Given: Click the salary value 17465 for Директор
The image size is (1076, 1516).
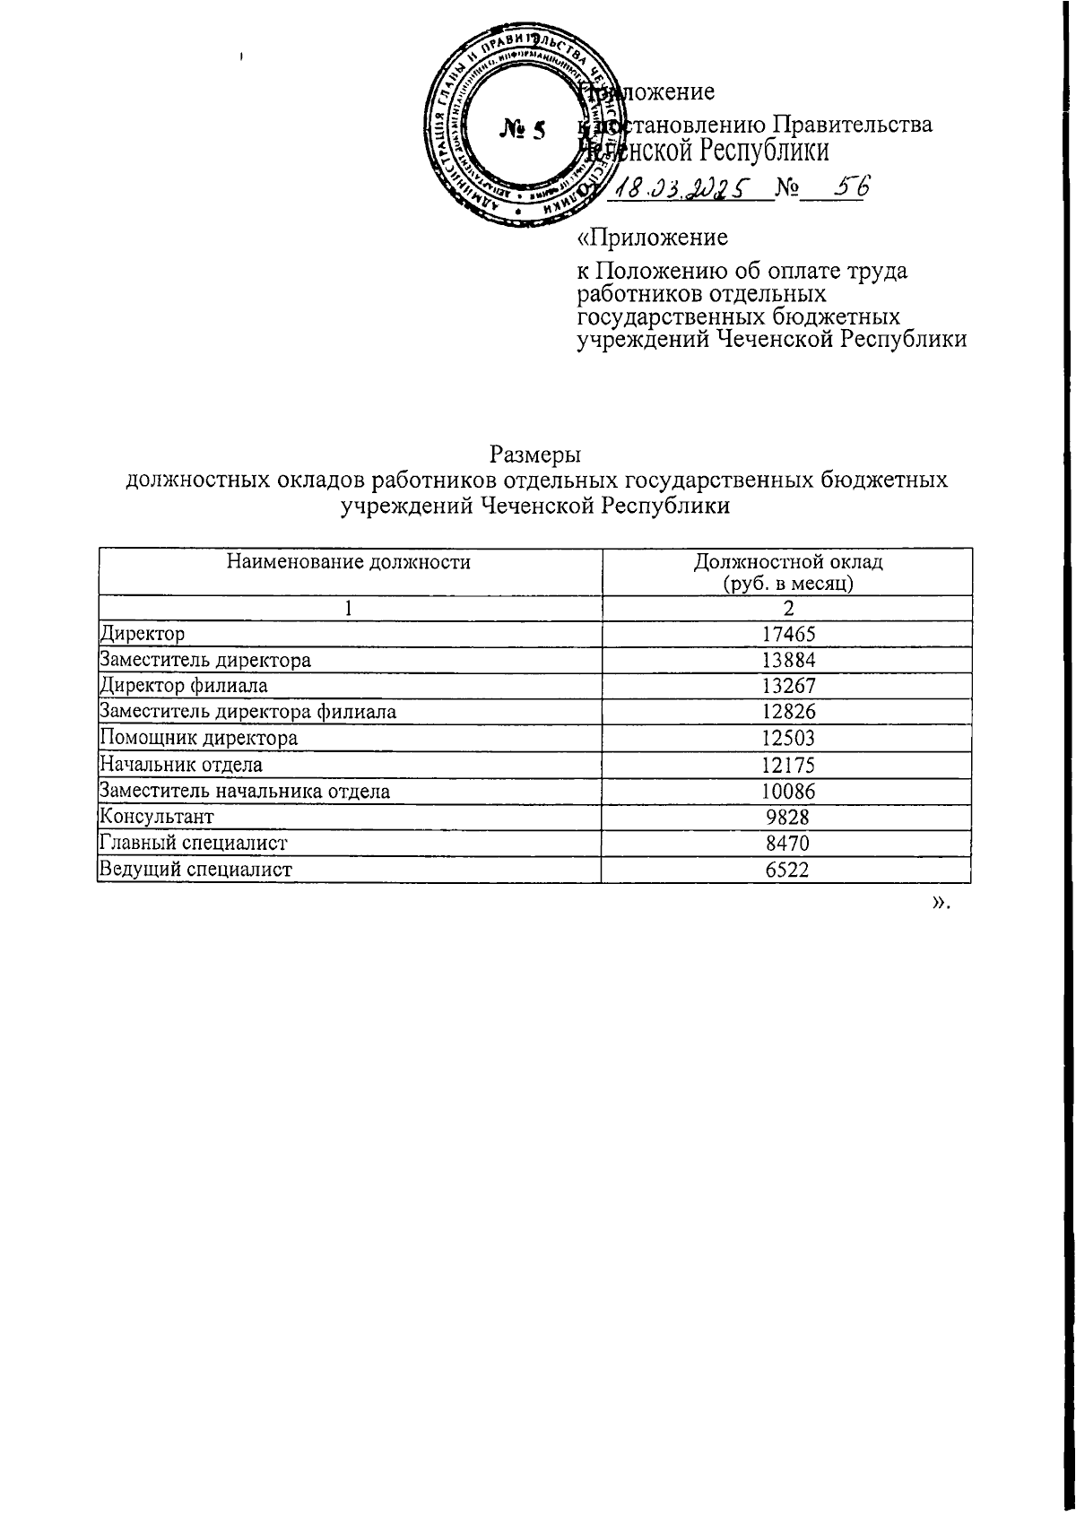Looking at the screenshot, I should (787, 635).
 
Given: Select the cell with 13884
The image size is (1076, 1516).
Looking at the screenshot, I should (787, 661).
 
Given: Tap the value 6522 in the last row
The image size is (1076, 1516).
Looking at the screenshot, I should (787, 870).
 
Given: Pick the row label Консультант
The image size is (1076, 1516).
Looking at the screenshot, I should (157, 817).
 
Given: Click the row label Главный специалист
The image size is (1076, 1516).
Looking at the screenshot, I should (194, 843).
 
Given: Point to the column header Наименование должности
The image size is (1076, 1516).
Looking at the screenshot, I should (349, 562).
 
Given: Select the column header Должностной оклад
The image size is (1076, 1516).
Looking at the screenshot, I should (787, 563).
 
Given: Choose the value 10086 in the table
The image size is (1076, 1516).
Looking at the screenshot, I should (787, 791).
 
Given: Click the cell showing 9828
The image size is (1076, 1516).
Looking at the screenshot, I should (787, 817).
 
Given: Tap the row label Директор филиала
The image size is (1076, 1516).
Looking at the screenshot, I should (184, 686).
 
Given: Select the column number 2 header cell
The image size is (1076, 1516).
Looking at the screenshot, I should (787, 608).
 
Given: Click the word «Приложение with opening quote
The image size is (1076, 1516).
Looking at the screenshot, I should (651, 238).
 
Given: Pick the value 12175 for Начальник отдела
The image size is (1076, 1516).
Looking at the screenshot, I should (787, 765).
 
